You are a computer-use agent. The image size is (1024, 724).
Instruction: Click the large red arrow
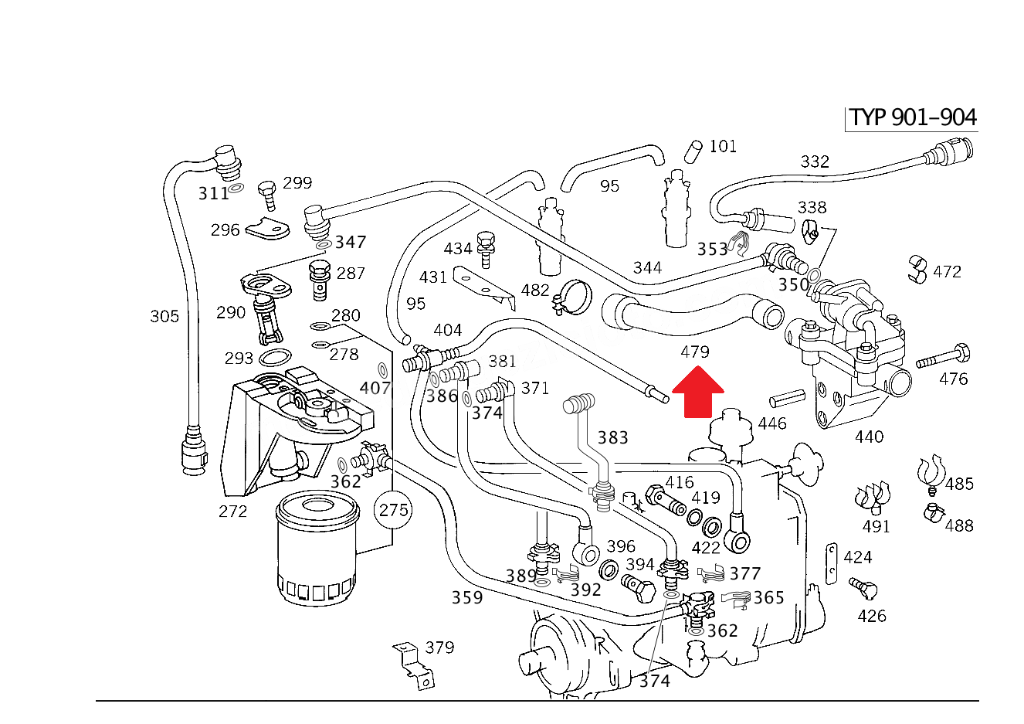pos(697,393)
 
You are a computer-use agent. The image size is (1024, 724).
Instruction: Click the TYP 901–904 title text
pos(913,117)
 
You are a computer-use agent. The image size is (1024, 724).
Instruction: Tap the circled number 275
pos(393,509)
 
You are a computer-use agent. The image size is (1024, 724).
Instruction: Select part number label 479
pos(695,352)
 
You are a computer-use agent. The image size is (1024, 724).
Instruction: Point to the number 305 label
pos(164,316)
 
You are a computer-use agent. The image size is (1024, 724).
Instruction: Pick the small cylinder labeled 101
pos(693,151)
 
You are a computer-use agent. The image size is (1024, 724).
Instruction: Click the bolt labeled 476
pos(943,356)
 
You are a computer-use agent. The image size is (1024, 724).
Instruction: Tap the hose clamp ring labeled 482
pos(573,297)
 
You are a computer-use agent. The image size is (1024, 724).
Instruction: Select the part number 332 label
pos(815,161)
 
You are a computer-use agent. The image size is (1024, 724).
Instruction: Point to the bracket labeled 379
pos(413,666)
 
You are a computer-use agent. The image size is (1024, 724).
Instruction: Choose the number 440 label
pos(869,437)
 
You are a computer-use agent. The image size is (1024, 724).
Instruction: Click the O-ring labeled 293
pos(275,357)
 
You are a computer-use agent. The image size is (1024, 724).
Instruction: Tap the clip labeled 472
pos(917,270)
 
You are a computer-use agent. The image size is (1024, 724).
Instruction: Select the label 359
pos(467,597)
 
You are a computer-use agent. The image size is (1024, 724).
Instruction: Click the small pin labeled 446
pos(787,398)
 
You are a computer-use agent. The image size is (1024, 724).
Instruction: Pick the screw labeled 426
pos(863,589)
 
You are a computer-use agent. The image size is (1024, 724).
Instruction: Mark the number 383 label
pos(613,437)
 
